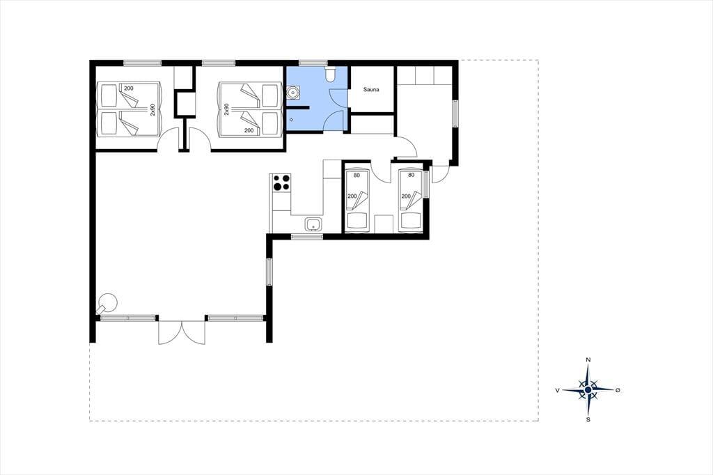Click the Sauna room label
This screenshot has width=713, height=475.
(x=371, y=90)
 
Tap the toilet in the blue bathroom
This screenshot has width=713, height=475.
(x=331, y=74)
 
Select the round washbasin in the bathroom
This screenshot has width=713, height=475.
(x=293, y=93)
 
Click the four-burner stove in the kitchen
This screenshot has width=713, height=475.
(x=281, y=183)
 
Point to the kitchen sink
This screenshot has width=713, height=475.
(x=314, y=224)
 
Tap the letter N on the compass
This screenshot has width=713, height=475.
(x=588, y=360)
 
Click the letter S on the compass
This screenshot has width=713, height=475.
(x=588, y=419)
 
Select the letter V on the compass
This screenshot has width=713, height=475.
(x=558, y=390)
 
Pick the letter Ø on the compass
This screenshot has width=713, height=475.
(x=618, y=390)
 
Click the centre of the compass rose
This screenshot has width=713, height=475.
(x=588, y=390)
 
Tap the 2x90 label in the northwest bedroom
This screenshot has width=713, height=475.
(x=152, y=109)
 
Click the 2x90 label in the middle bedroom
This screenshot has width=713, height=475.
(x=226, y=109)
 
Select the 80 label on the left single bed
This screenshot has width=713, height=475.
(x=356, y=176)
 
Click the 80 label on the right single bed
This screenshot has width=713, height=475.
(x=411, y=175)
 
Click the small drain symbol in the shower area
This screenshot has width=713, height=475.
(x=292, y=120)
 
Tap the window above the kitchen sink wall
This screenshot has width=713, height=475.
(x=307, y=236)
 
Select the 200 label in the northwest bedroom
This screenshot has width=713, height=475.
(x=129, y=88)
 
